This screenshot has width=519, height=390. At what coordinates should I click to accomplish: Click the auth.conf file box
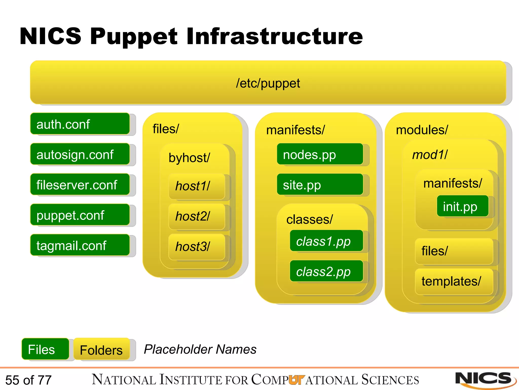(x=80, y=124)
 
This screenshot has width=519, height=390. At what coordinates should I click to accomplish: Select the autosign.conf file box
(x=80, y=154)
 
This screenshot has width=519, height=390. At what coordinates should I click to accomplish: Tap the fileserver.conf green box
(x=80, y=185)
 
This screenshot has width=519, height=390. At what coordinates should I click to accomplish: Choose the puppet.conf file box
(x=80, y=215)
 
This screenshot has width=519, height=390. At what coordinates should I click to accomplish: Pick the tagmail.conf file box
(x=80, y=245)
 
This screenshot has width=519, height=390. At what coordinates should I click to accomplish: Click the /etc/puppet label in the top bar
(x=268, y=83)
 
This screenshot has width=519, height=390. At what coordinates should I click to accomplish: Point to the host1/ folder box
(x=197, y=186)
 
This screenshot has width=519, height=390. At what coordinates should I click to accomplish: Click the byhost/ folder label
(x=189, y=158)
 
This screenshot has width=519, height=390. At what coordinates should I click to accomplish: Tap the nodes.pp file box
(x=320, y=154)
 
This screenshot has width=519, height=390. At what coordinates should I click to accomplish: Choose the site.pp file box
(x=320, y=185)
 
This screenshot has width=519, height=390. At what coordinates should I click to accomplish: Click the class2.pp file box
(x=326, y=271)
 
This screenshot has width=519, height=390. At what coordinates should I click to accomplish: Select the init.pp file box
(x=462, y=206)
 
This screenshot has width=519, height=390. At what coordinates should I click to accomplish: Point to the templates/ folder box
(x=454, y=281)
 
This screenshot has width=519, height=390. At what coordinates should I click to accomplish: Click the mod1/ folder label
(x=430, y=155)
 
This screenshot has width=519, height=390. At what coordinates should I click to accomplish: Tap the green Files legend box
(x=45, y=349)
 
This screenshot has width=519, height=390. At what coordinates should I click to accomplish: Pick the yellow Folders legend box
(x=101, y=350)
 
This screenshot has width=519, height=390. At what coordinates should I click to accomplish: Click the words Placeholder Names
(x=200, y=349)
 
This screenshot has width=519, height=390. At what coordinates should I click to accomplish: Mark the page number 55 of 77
(x=28, y=380)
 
